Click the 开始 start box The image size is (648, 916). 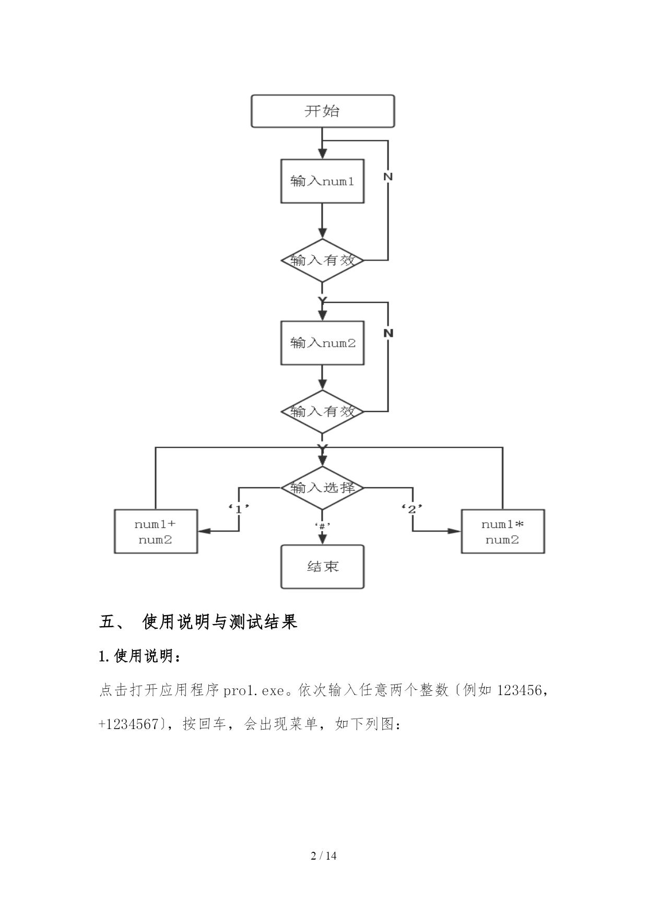pyautogui.click(x=322, y=111)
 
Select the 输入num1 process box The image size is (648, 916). pyautogui.click(x=322, y=181)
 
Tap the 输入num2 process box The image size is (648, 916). pyautogui.click(x=322, y=343)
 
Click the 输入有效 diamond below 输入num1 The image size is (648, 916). pyautogui.click(x=322, y=260)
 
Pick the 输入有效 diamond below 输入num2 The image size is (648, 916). pyautogui.click(x=322, y=412)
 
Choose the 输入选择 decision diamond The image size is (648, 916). pyautogui.click(x=322, y=488)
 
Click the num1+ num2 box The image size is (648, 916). pyautogui.click(x=156, y=532)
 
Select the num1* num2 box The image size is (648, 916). pyautogui.click(x=502, y=532)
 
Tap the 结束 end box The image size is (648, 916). pyautogui.click(x=322, y=567)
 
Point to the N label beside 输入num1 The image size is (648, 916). pyautogui.click(x=387, y=177)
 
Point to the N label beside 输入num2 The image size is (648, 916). pyautogui.click(x=388, y=333)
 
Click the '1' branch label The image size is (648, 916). pyautogui.click(x=239, y=508)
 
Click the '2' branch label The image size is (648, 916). pyautogui.click(x=412, y=508)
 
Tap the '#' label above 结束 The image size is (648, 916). pyautogui.click(x=322, y=525)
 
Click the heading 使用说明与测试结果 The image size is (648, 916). pyautogui.click(x=220, y=622)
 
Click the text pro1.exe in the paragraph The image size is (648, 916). pyautogui.click(x=253, y=691)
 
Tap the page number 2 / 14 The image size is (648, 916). pyautogui.click(x=324, y=855)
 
